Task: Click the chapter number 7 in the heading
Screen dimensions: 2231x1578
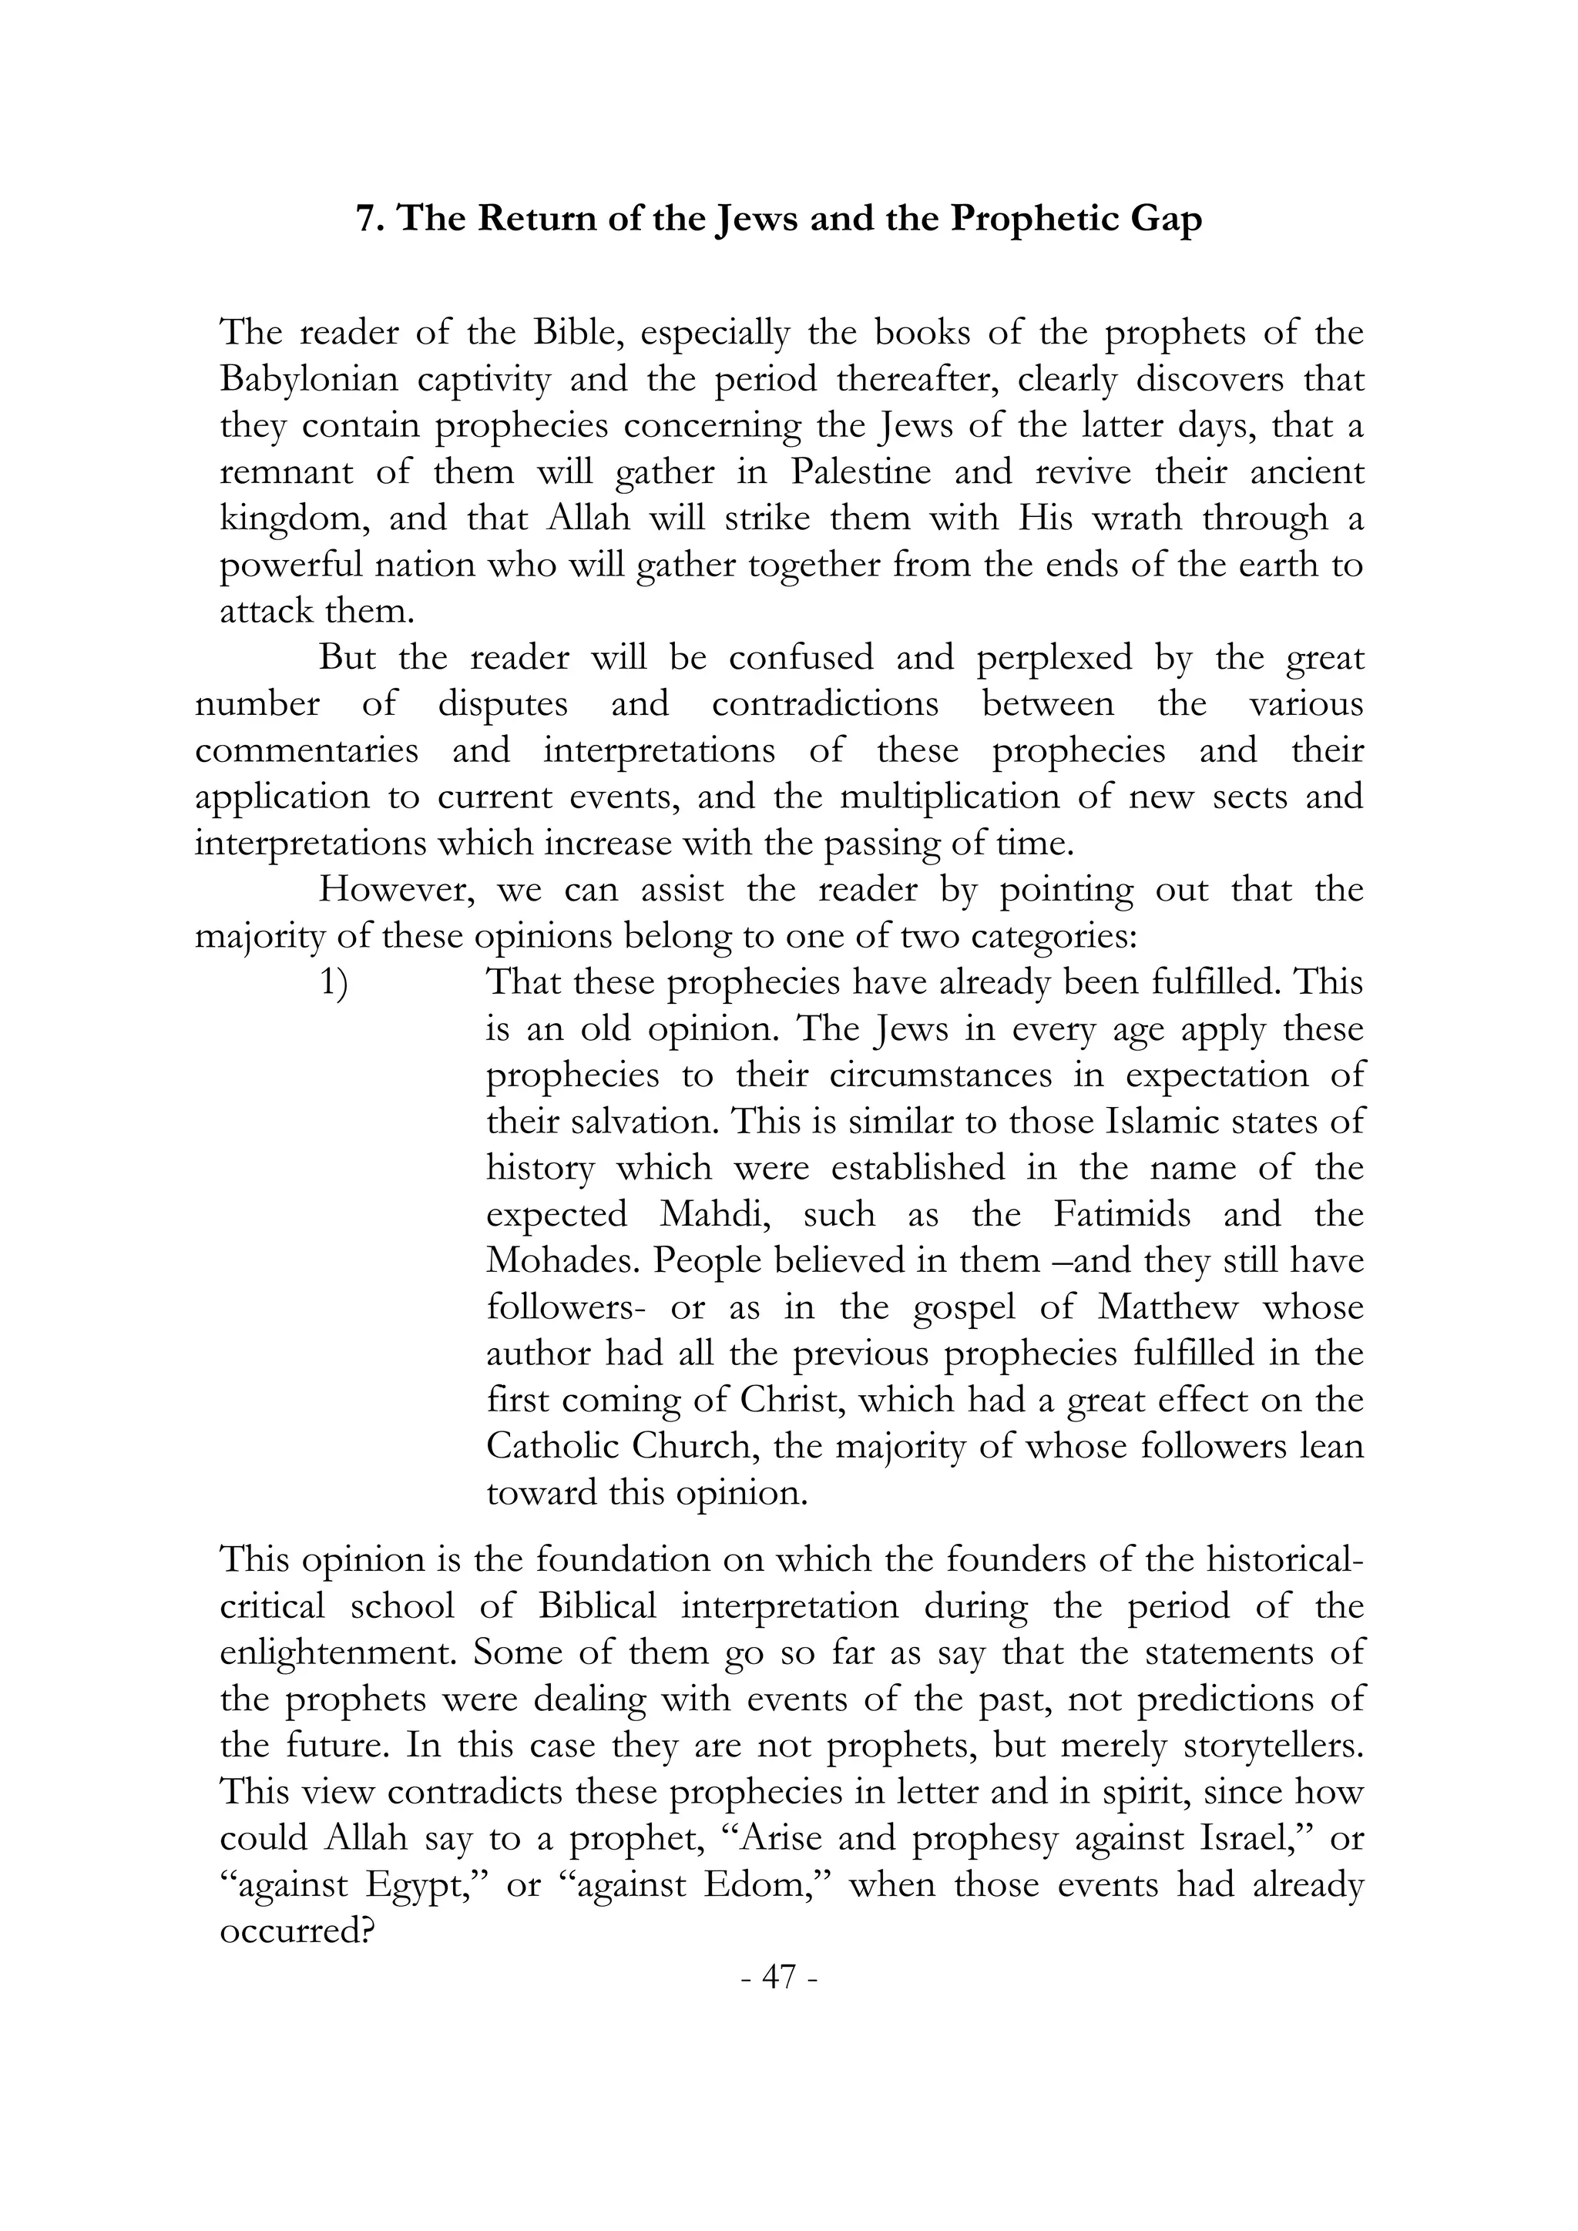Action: [x=366, y=220]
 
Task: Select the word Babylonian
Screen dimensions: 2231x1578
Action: [x=309, y=379]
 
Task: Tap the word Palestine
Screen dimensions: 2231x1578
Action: [x=860, y=472]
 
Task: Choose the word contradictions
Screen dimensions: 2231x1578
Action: [x=825, y=703]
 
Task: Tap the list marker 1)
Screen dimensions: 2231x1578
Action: [x=334, y=983]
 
